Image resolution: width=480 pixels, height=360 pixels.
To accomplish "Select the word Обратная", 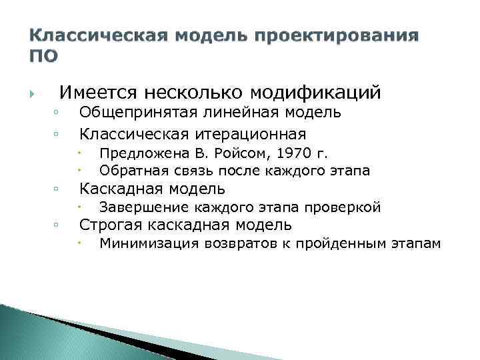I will [127, 170].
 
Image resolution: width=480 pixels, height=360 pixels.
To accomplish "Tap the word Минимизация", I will [138, 244].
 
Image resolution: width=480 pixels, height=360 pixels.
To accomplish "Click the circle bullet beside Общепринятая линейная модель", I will [58, 113].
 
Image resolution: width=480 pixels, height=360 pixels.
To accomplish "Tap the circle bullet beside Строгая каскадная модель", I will [58, 225].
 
